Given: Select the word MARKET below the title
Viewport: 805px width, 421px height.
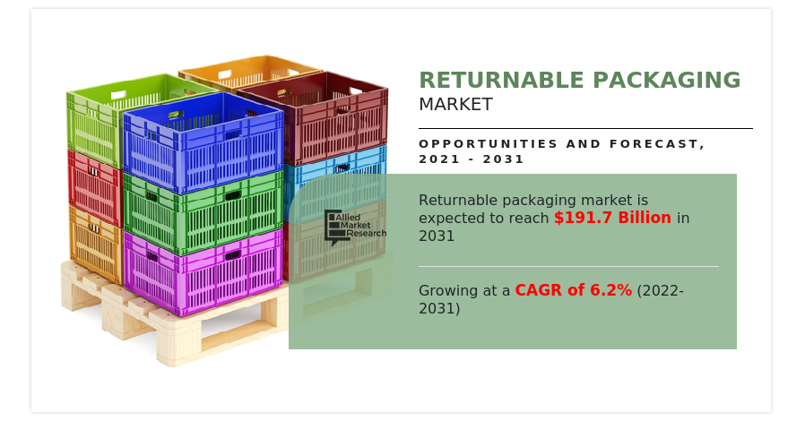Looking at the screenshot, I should [455, 105].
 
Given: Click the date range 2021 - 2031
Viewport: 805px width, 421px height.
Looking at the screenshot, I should [472, 159].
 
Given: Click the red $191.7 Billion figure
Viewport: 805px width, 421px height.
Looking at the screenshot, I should [612, 219].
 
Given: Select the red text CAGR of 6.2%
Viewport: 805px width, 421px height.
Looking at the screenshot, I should [573, 290].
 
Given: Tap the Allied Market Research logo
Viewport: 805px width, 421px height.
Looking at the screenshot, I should [355, 227].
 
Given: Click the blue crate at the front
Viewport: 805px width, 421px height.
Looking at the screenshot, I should [204, 143].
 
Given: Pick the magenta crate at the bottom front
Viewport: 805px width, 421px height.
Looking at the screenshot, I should [204, 273].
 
